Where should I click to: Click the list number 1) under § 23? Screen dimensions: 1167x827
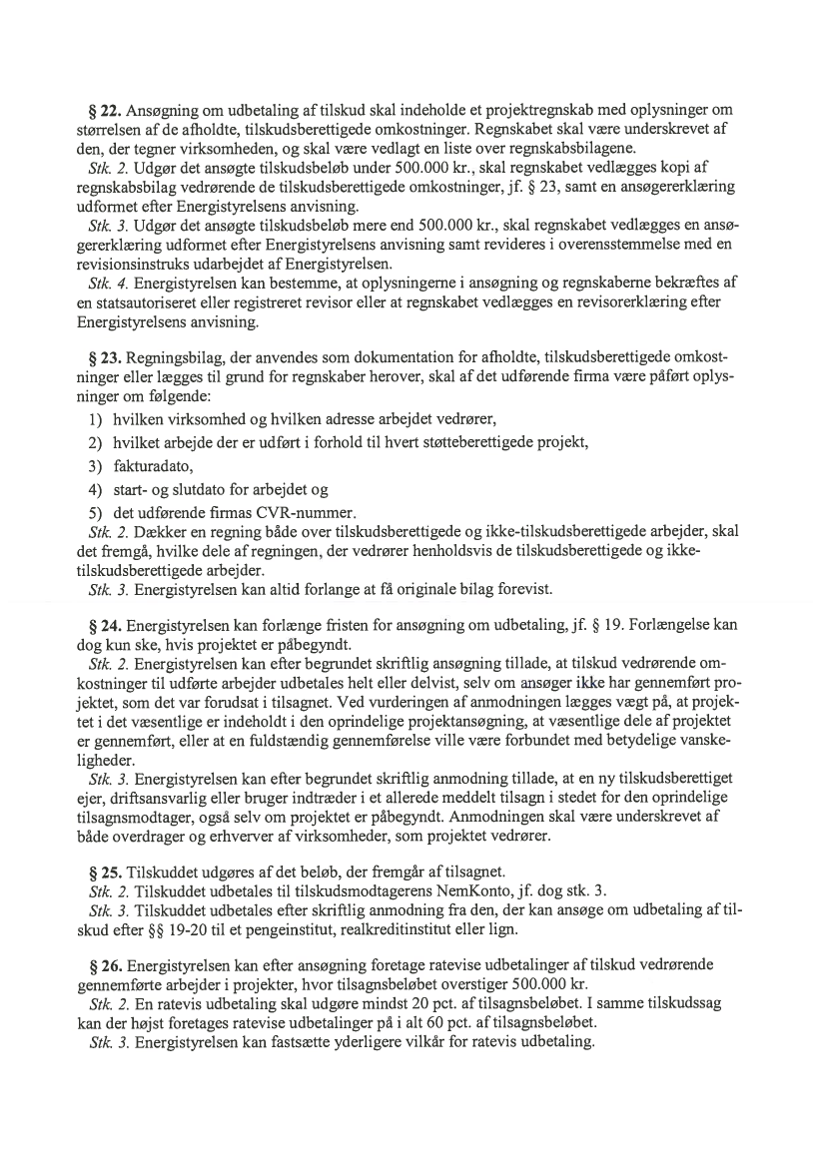pyautogui.click(x=98, y=416)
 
